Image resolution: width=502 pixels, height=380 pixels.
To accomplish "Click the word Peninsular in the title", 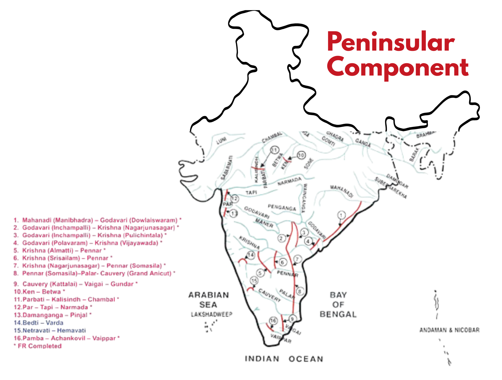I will coord(391,42).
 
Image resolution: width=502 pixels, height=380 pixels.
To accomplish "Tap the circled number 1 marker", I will coord(341,215).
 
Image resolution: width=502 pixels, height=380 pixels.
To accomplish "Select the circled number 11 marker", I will coord(274,150).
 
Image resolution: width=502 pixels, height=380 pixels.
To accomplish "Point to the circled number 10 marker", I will coord(301,155).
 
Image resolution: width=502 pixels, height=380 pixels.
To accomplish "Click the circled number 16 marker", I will coord(273,320).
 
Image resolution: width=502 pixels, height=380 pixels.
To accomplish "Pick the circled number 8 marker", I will coord(300,291).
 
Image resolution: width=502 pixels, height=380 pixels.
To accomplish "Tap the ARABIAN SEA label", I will coord(208,300).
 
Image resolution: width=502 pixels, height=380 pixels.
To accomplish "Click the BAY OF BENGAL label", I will coord(338,304).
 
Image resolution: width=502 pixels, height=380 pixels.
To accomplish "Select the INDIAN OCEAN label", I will coord(284,359).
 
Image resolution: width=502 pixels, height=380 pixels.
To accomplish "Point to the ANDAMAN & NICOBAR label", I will coord(449,330).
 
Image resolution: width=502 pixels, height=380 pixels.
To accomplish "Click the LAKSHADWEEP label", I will coord(211,314).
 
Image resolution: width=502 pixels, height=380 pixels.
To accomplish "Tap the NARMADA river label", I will coord(289,181).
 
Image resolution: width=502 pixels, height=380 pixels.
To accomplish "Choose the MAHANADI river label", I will coord(341,191).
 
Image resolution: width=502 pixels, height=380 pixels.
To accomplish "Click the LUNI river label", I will coord(221,141).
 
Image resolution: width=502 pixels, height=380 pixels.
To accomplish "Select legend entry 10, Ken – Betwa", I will coord(39,292).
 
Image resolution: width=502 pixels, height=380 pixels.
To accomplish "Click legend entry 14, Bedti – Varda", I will coord(38,323).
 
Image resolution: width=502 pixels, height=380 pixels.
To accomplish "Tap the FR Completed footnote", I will coord(38,346).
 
